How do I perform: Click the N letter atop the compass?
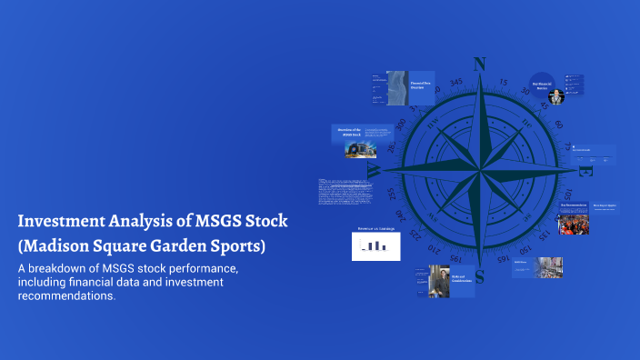[480, 64]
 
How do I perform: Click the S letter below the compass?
[480, 276]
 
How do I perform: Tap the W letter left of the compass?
[373, 170]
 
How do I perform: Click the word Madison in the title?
[59, 246]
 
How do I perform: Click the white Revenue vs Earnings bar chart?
[375, 245]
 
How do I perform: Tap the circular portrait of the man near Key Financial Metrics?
[555, 96]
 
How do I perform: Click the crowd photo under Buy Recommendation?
[574, 222]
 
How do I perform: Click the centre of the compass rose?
[479, 170]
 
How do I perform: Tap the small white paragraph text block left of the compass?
[345, 196]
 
